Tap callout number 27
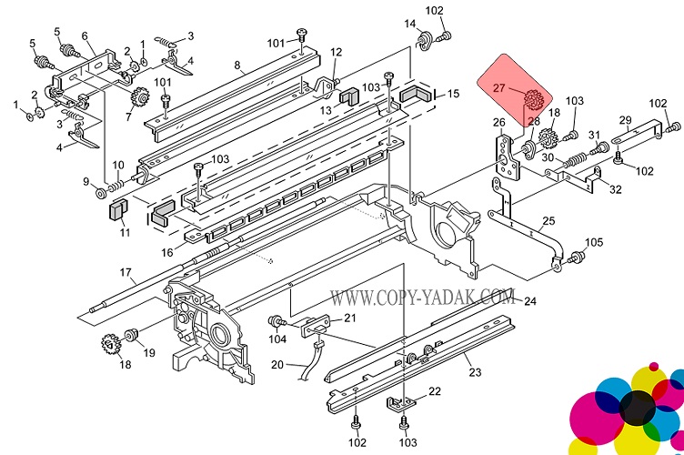tap(498, 89)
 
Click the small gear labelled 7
tap(140, 98)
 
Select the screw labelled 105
tap(574, 261)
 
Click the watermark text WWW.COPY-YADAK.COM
tap(422, 297)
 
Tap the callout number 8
tap(237, 65)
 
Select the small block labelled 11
tap(116, 210)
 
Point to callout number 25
tap(548, 221)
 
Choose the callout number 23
tap(473, 370)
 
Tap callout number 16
tap(166, 252)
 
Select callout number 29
tap(625, 120)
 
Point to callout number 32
tap(616, 189)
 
